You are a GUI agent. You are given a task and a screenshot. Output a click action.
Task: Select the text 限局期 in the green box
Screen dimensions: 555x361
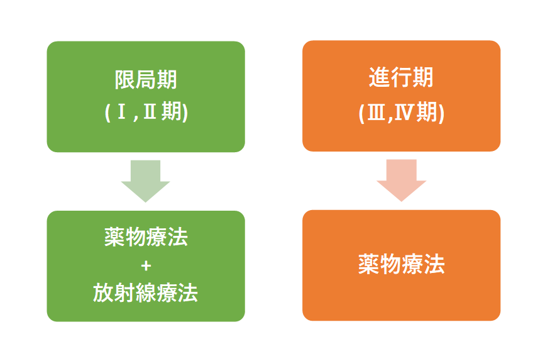coord(146,80)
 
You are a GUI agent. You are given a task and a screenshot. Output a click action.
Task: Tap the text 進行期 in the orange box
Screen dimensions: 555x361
coord(401,77)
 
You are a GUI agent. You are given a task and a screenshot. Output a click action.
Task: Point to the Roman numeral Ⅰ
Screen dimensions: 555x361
coord(122,111)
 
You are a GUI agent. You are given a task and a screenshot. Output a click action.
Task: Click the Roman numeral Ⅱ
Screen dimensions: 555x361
coord(150,111)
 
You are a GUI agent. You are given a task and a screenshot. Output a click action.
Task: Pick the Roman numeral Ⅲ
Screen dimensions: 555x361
coord(376,113)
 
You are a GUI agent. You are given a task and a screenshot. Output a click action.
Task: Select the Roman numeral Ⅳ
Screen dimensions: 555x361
coord(403,113)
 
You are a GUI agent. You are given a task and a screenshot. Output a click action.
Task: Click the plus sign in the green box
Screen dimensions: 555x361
coord(146,265)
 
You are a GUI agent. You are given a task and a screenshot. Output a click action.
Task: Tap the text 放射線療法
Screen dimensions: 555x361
coord(145,293)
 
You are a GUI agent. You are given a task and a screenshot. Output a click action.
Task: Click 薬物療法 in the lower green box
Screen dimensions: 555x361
coord(146,237)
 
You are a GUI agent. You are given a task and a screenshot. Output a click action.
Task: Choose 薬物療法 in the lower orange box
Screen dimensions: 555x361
coord(402,264)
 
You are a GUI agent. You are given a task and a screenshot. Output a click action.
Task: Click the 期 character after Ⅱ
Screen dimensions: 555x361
coord(172,111)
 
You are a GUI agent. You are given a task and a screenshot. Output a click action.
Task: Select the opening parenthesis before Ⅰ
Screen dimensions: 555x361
coord(107,113)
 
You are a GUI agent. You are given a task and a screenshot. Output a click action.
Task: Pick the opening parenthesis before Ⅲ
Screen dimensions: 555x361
coord(362,114)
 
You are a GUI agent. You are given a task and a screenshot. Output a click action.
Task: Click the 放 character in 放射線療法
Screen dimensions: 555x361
coord(103,293)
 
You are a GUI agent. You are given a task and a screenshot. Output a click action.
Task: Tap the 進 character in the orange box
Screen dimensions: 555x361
coord(380,77)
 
